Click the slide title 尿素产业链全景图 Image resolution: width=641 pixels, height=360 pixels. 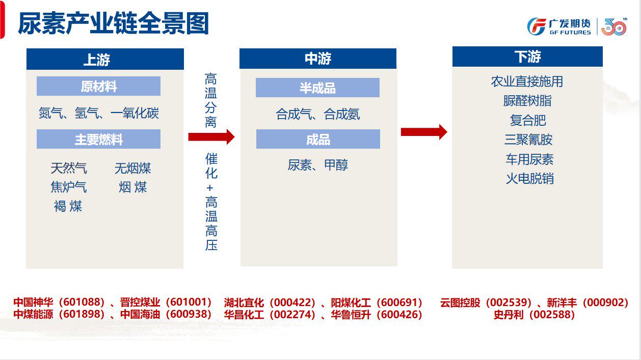(113, 24)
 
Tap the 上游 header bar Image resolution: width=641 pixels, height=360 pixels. (104, 60)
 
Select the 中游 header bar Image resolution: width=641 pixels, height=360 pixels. (317, 59)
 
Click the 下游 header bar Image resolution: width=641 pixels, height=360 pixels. (527, 57)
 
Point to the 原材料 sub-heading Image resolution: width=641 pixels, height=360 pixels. (98, 87)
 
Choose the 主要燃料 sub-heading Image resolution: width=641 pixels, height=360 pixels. (98, 140)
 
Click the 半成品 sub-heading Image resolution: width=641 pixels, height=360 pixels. (317, 88)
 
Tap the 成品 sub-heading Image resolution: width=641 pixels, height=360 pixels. (318, 140)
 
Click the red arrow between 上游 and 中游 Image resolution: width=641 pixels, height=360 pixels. (211, 136)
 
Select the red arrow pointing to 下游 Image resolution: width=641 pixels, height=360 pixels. (424, 132)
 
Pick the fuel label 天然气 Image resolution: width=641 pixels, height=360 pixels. (69, 168)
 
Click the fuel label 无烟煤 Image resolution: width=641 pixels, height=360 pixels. (132, 168)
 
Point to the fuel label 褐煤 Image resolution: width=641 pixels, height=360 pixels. (68, 206)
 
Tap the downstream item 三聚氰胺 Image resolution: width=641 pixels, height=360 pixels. (528, 140)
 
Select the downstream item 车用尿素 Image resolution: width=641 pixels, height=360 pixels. (529, 159)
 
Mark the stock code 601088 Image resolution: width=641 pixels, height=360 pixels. (82, 302)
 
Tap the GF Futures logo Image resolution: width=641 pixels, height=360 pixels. (559, 26)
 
